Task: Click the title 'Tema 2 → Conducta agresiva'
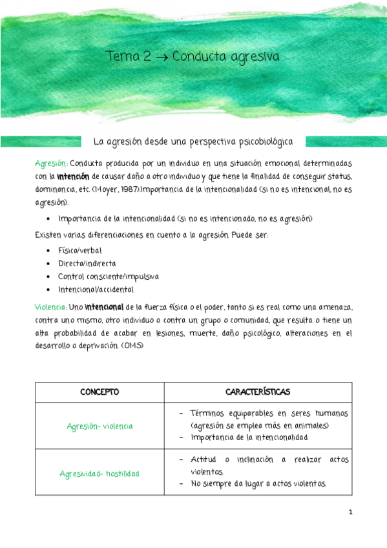[193, 57]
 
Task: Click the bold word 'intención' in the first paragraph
[72, 176]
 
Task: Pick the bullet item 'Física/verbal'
[79, 249]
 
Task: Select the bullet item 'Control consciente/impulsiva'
[108, 276]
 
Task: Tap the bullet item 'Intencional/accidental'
[95, 290]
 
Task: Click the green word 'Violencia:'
[51, 308]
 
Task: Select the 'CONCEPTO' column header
[99, 392]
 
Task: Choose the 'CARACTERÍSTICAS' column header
[258, 392]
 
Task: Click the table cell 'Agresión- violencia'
[99, 426]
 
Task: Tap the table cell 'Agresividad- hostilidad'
[99, 473]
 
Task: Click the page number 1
[350, 512]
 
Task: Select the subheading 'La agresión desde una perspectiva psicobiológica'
[193, 140]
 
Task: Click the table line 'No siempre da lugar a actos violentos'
[258, 484]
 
